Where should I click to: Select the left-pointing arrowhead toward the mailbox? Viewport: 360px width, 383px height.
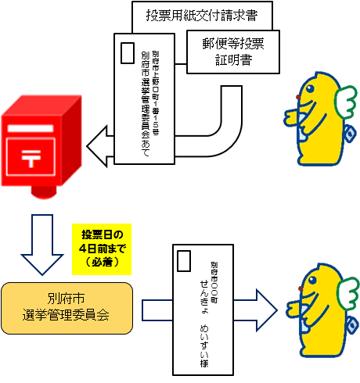point(98,145)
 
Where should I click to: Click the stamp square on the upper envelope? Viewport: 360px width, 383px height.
point(128,52)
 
